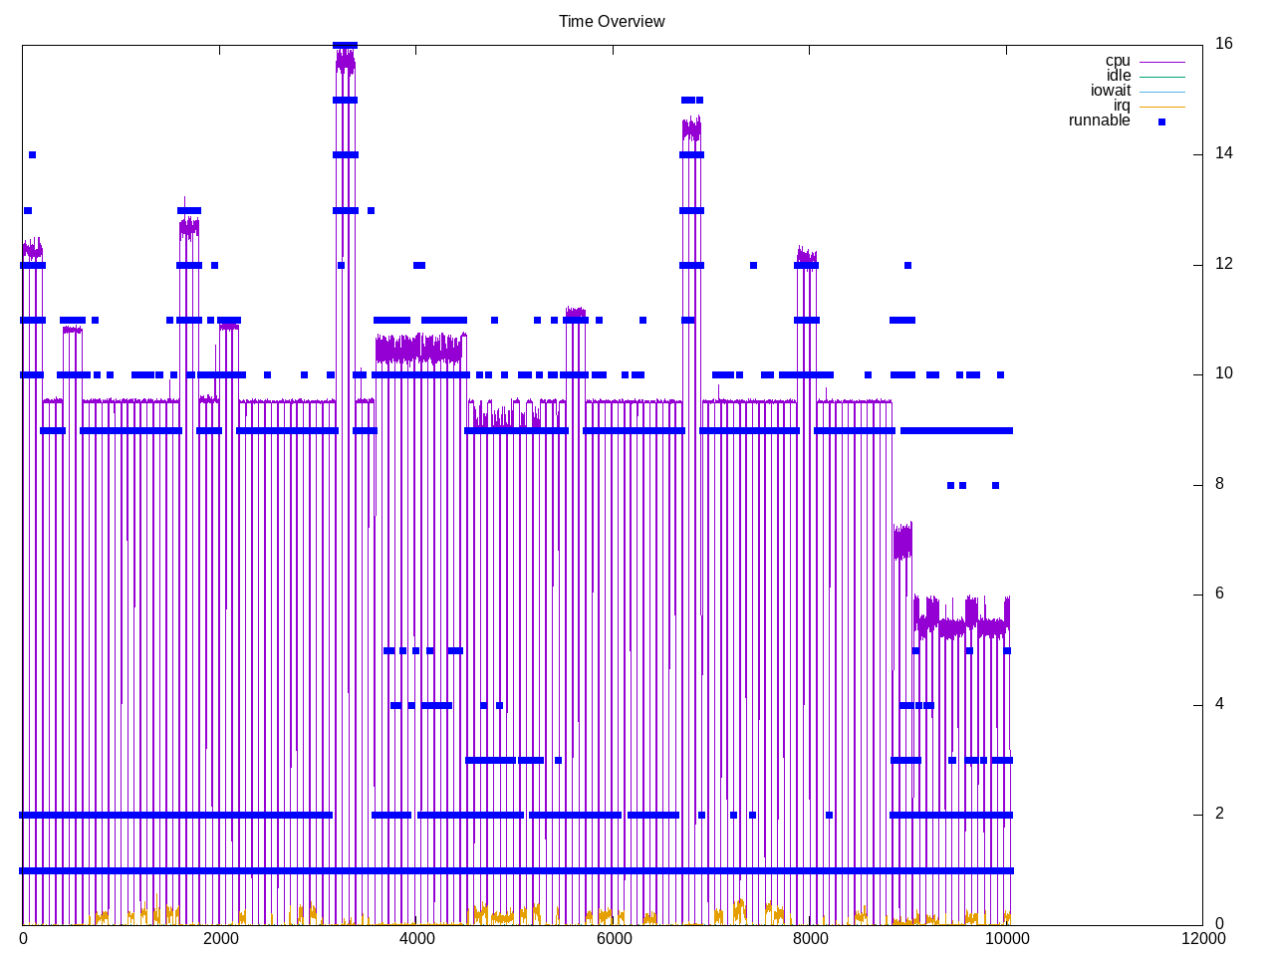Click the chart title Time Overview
point(612,22)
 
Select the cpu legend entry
point(1118,62)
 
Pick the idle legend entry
point(1119,77)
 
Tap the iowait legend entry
point(1111,92)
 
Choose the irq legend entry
point(1122,107)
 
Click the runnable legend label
point(1099,121)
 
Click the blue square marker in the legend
point(1161,121)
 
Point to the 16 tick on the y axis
point(1223,44)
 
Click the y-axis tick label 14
point(1223,153)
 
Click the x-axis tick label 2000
point(219,939)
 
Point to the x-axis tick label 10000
point(1006,939)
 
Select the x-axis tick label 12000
point(1202,939)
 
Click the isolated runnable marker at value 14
point(32,154)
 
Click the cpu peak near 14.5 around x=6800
point(691,128)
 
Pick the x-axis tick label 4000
point(416,939)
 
